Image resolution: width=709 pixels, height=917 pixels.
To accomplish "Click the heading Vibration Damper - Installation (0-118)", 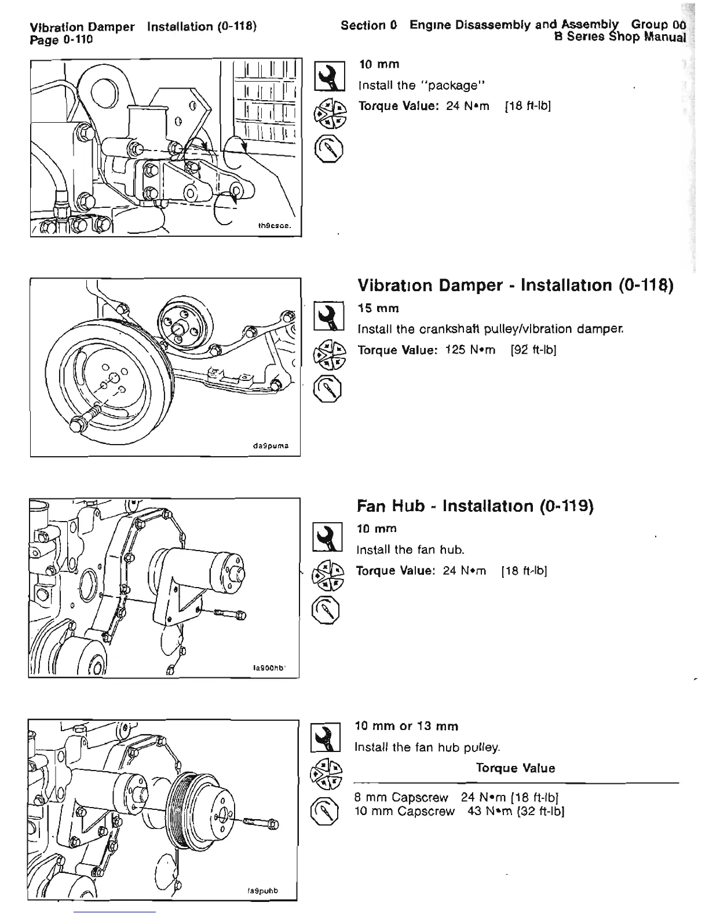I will [x=515, y=285].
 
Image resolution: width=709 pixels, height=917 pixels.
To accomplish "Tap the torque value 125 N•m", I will [x=470, y=350].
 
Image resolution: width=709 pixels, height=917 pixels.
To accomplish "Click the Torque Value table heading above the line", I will [x=515, y=768].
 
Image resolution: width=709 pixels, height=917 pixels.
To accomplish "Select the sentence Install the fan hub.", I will [x=412, y=549].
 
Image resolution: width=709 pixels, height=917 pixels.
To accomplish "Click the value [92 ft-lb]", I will [x=533, y=350].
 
